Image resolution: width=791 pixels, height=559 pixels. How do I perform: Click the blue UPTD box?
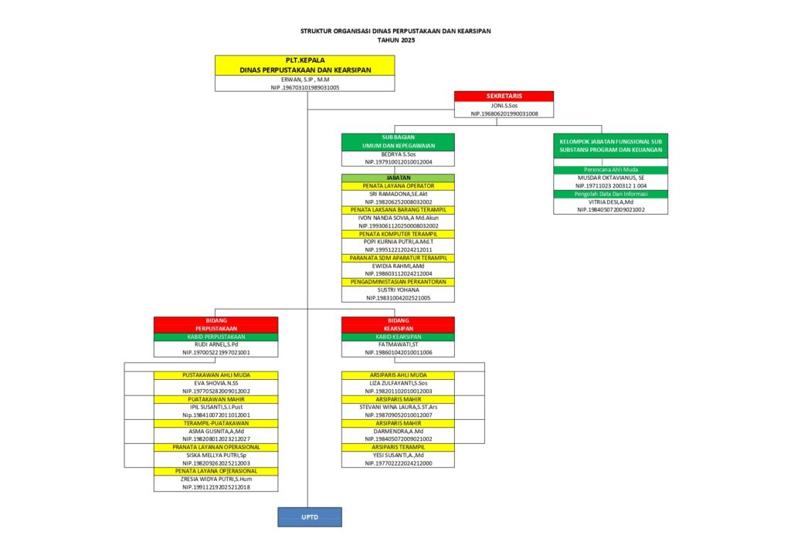click(309, 517)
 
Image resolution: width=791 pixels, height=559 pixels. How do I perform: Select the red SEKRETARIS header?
click(504, 97)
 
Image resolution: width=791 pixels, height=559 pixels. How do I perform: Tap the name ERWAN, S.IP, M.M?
click(304, 80)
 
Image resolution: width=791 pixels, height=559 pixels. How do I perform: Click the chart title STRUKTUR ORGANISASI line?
click(395, 31)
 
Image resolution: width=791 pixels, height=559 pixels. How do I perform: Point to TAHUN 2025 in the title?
click(395, 39)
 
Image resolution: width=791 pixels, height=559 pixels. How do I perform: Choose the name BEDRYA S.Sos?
click(398, 154)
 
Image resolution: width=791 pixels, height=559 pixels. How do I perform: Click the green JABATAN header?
click(398, 178)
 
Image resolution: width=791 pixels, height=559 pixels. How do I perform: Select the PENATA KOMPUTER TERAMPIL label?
click(398, 233)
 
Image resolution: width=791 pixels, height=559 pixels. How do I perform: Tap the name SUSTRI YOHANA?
click(398, 290)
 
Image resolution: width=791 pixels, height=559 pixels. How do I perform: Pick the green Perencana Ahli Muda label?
click(610, 169)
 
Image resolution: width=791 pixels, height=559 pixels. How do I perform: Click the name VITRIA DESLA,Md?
click(610, 202)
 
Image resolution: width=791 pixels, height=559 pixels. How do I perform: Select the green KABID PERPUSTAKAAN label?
click(216, 337)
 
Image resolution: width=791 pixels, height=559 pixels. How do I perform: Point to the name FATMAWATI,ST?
click(398, 344)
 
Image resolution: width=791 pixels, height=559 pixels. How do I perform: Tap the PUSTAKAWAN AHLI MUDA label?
click(216, 375)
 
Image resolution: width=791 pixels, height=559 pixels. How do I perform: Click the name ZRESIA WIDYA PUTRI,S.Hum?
click(216, 479)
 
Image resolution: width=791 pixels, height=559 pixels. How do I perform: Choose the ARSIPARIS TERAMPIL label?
click(398, 447)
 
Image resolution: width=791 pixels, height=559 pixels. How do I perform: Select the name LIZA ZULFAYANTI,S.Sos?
click(398, 383)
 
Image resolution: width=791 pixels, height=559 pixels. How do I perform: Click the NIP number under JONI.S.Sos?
click(504, 113)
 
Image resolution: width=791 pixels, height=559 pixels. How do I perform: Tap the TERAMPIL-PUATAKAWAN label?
click(216, 423)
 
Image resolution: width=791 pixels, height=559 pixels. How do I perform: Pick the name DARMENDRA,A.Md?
click(398, 431)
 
